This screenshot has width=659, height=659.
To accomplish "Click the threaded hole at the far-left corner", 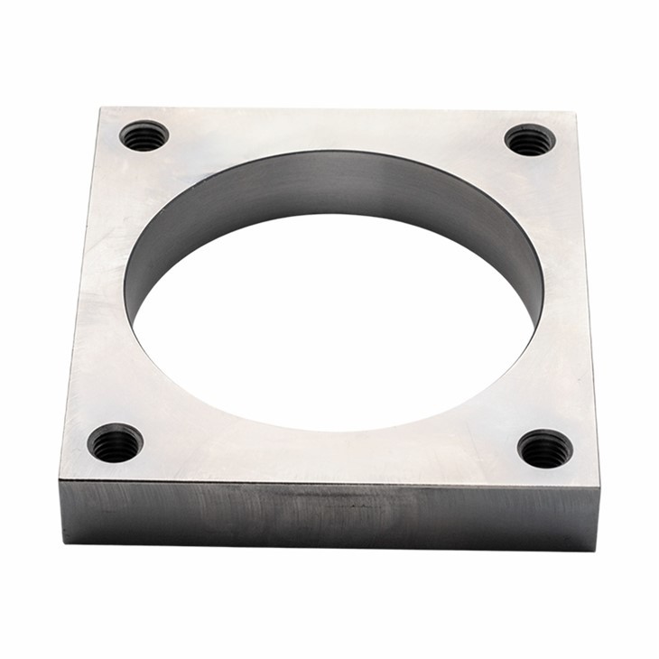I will (144, 136).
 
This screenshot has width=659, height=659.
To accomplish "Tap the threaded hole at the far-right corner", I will (530, 140).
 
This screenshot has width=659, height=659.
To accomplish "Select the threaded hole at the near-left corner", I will (116, 442).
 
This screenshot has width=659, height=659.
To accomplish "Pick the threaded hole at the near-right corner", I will (545, 449).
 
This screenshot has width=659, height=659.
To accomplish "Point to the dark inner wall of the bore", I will (334, 185).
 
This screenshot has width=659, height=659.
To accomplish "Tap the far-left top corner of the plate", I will (100, 109).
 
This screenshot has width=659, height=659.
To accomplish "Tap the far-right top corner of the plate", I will (575, 113).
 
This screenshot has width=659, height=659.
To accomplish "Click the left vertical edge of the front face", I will (60, 510).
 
